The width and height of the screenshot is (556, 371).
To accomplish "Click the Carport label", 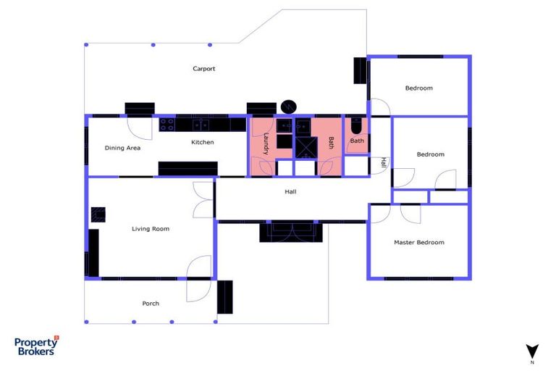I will tap(203, 69).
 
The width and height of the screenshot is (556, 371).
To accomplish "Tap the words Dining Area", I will tap(122, 148).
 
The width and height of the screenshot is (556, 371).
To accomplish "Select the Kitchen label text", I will tap(202, 142).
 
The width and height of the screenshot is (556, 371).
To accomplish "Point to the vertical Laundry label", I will tap(266, 144).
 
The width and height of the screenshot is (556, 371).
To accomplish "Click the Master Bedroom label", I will tap(418, 242).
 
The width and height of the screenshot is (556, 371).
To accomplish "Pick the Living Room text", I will tap(151, 229).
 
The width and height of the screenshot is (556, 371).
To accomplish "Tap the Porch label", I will tap(151, 303).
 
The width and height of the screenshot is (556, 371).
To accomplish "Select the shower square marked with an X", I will tap(306, 147).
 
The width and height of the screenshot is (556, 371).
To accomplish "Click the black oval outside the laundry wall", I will tap(289, 107).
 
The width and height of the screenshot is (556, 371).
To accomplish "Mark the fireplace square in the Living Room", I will tap(98, 214).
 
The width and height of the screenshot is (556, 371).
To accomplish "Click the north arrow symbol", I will tap(532, 351).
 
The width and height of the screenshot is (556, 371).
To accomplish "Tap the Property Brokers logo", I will tap(36, 346).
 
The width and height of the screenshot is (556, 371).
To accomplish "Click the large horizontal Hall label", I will tap(290, 192).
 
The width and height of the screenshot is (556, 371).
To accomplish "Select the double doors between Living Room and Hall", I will tap(203, 199).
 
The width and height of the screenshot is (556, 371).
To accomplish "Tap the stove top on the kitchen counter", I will tap(167, 125).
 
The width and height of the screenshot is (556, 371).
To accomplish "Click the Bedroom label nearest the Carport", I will tap(418, 88).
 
